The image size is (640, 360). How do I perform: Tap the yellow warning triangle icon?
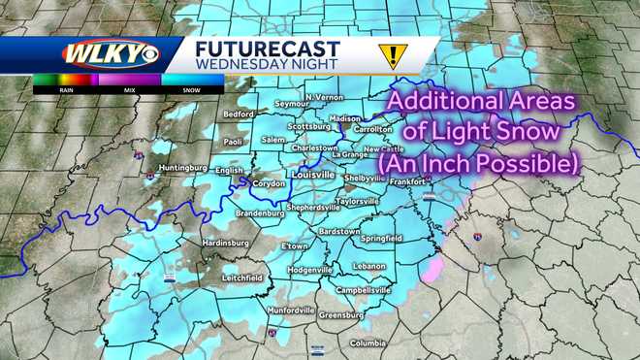pyautogui.click(x=392, y=55)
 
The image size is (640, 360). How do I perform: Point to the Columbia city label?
pyautogui.click(x=368, y=343)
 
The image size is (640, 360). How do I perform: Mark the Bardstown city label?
pyautogui.click(x=338, y=232)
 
